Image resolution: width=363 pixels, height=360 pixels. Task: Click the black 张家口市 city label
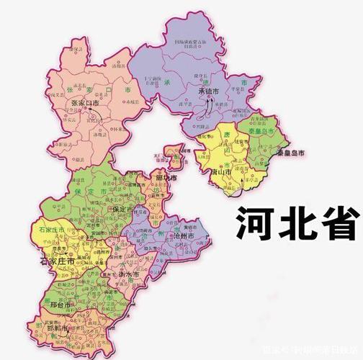pos(86,104)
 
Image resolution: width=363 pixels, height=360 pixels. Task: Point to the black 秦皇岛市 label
pos(272,154)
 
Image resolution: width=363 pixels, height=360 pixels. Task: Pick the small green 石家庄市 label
pos(48,230)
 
